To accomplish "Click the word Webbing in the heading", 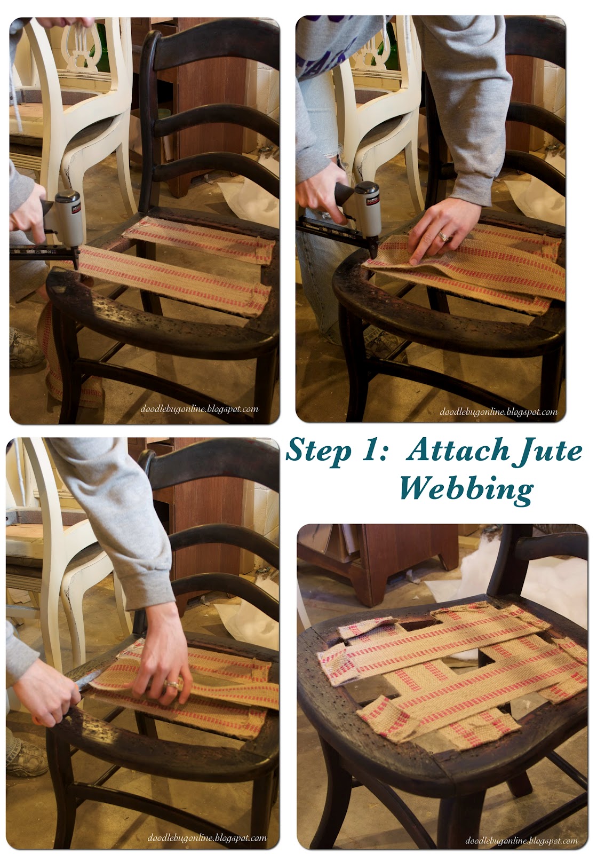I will click(466, 488).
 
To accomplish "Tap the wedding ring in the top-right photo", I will click(442, 235).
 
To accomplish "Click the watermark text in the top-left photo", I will click(200, 409).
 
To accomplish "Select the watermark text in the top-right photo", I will click(498, 412).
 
